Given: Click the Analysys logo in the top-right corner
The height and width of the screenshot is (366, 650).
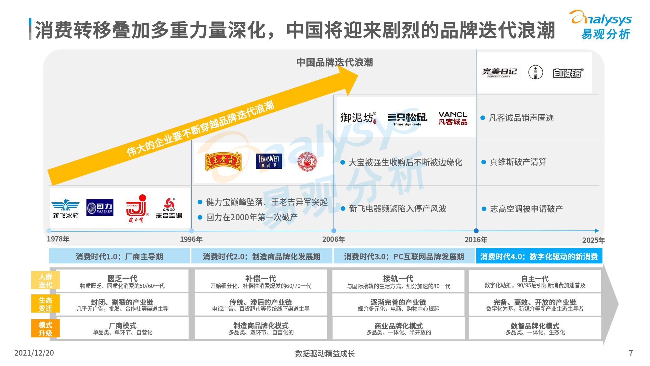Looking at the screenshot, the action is tap(601, 25).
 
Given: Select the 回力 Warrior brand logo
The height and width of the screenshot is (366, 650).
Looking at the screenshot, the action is tap(100, 207).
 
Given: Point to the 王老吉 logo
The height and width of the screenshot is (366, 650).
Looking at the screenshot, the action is tap(223, 162).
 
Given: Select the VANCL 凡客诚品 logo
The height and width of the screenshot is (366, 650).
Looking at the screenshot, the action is tap(453, 118).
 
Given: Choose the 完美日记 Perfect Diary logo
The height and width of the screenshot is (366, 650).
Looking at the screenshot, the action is tap(499, 73).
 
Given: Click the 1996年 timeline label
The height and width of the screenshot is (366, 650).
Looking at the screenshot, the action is tap(191, 239).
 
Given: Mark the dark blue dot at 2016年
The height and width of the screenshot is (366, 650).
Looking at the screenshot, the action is tap(476, 231).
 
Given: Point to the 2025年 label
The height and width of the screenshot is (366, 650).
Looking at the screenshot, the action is tap(593, 240).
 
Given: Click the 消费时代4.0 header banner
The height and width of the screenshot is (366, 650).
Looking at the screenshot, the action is tap(539, 256).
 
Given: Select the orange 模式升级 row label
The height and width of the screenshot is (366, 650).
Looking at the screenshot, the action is tap(45, 329).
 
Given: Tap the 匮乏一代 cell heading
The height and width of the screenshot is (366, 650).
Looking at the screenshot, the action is tap(123, 278).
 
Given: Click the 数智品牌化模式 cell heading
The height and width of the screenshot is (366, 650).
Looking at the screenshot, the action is tap(535, 326).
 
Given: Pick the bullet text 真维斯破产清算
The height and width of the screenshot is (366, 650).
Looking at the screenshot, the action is tap(518, 162).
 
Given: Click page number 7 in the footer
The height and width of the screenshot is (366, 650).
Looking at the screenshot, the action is tap(631, 353).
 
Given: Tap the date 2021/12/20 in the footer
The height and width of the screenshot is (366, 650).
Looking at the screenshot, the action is tap(34, 353).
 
